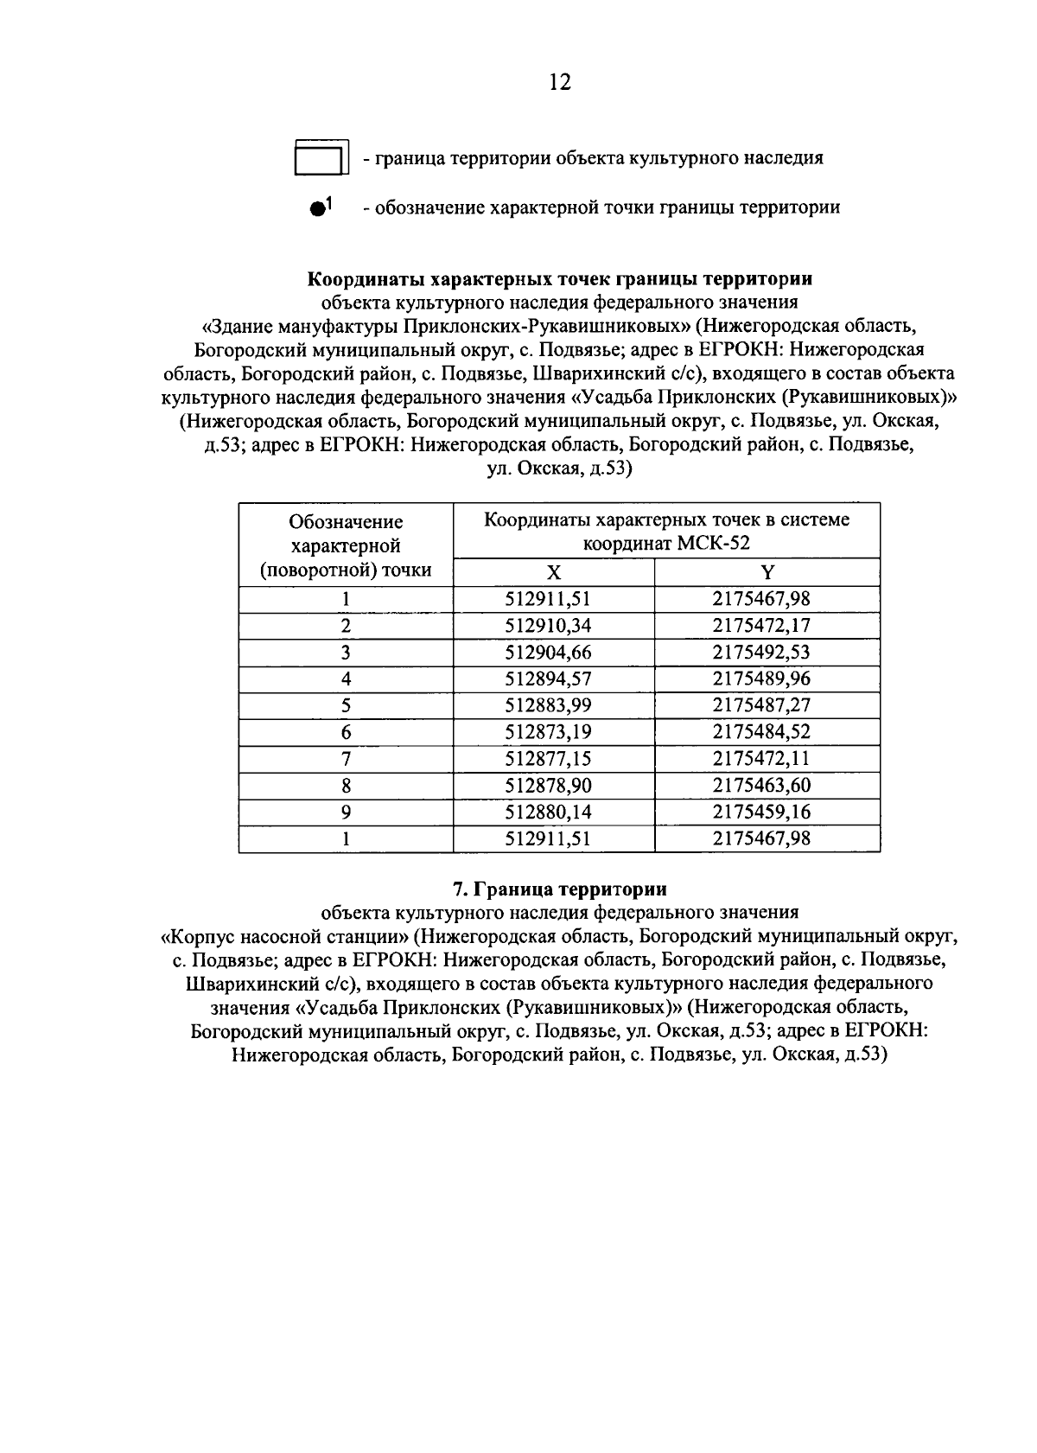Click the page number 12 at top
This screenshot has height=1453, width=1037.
coord(559,82)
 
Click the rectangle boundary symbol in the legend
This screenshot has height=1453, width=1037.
coord(321,157)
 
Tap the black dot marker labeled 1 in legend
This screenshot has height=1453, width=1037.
coord(318,208)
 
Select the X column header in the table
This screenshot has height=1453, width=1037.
coord(554,572)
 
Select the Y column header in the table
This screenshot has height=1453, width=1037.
coord(767,572)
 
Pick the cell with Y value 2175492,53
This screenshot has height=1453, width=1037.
coord(761,653)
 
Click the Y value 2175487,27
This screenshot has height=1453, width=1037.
coord(761,705)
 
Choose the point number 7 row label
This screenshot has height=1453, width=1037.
coord(346,759)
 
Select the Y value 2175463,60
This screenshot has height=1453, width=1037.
coord(761,786)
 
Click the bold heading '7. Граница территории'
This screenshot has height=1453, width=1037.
coord(559,889)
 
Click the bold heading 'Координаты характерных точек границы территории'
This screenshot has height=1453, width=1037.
coord(560,279)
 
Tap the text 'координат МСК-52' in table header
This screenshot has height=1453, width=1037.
coord(665,544)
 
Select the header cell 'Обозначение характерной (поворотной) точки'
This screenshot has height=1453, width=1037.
coord(346,545)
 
